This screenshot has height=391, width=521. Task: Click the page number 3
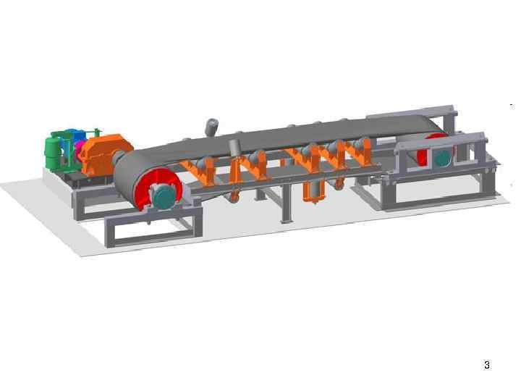pyautogui.click(x=487, y=365)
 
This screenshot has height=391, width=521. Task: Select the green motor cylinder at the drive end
pyautogui.click(x=53, y=151)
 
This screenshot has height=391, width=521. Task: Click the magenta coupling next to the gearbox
pyautogui.click(x=80, y=149)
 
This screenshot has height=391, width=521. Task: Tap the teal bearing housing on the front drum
pyautogui.click(x=164, y=196)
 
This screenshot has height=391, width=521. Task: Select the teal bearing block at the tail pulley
pyautogui.click(x=442, y=158)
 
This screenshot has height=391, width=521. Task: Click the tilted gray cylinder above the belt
pyautogui.click(x=211, y=127)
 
